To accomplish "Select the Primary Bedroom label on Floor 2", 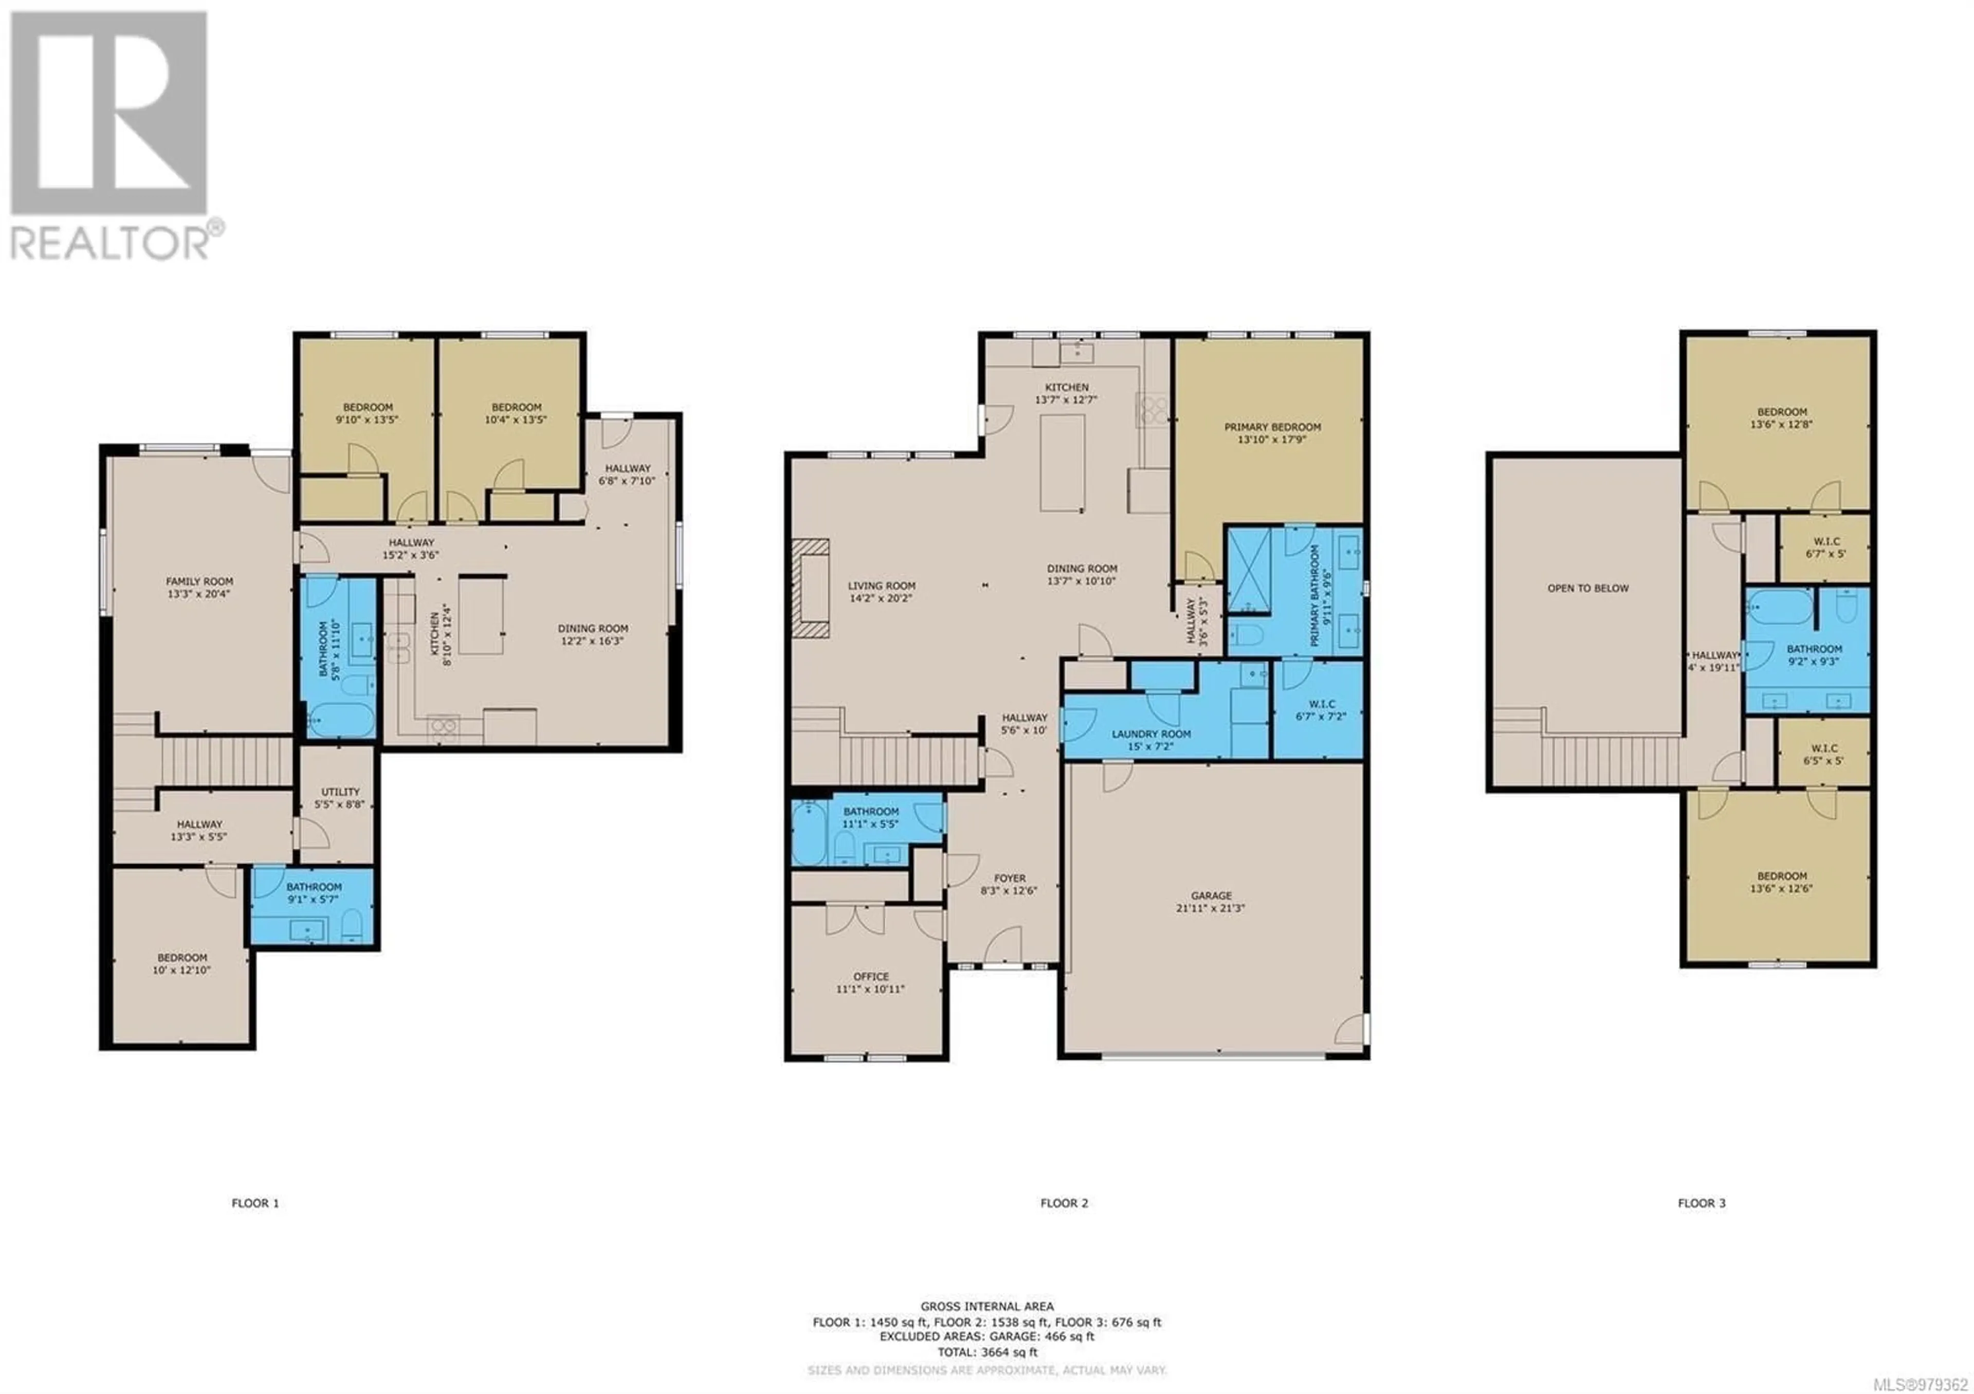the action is [1272, 432].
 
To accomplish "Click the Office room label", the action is [870, 982].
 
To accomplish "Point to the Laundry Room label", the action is [1150, 740].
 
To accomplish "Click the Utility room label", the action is [340, 798].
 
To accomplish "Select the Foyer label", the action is [1009, 884].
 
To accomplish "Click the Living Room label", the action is [881, 591].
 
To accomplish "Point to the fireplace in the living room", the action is [811, 588].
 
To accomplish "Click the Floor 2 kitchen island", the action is [1062, 463].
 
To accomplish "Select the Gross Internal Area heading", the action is [987, 1306].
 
